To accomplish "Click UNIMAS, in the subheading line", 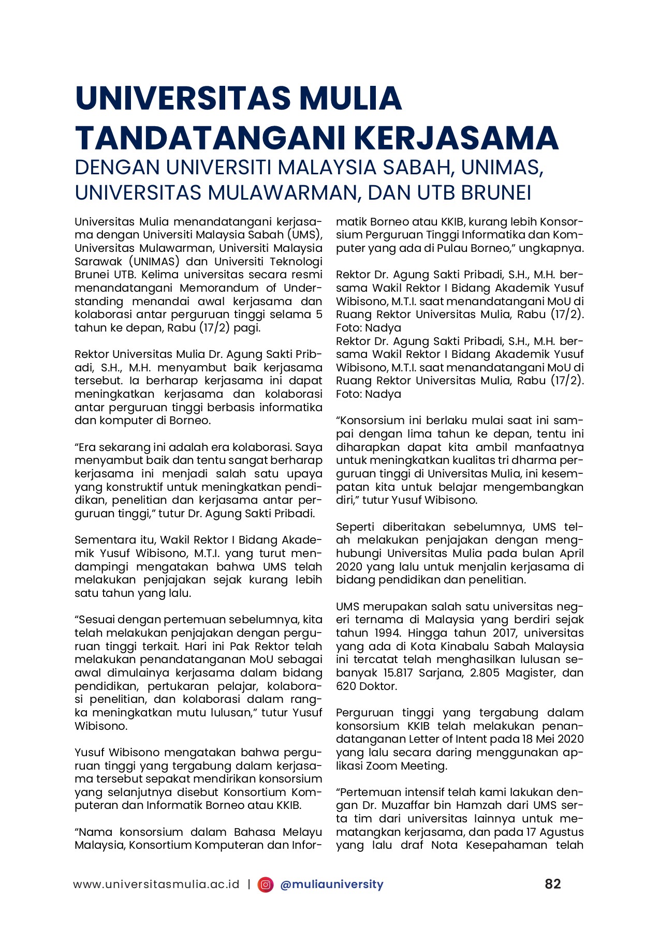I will click(x=502, y=167).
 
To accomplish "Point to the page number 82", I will click(x=552, y=883).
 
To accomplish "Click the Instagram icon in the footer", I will click(x=266, y=884).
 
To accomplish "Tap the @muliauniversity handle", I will click(x=331, y=884).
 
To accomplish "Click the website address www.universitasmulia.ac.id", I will click(x=156, y=884).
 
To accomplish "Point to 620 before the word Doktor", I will click(x=346, y=686).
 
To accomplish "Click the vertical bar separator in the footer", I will click(x=249, y=884).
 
